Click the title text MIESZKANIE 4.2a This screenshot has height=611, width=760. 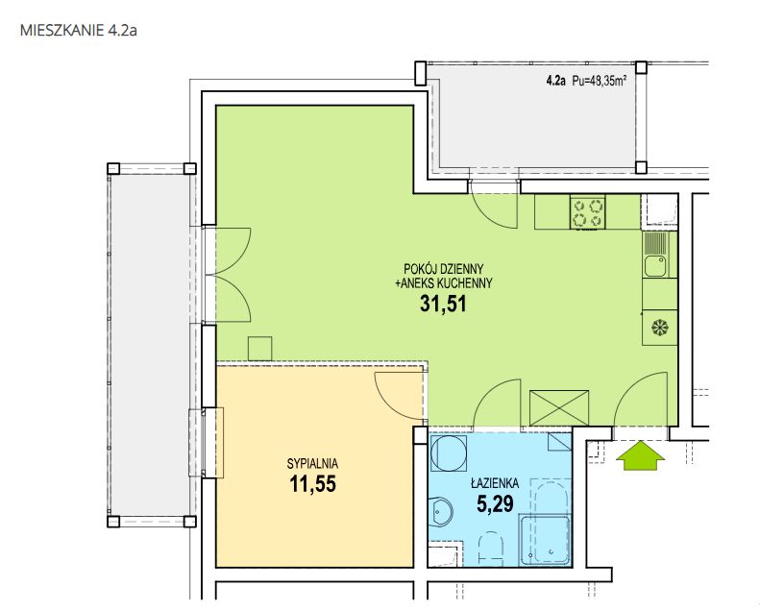pos(79,31)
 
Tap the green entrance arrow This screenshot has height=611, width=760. pos(640,455)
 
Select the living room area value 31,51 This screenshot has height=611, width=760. pos(443,304)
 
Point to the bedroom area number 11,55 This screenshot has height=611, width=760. pos(312,483)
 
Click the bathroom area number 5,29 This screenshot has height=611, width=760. pos(495,504)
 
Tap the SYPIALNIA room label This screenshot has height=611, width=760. pos(312,464)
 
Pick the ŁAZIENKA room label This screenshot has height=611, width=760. pos(495,482)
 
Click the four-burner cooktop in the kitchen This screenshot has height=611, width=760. pos(587,212)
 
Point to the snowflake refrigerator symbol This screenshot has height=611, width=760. pos(660,328)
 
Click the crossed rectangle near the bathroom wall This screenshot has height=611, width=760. pos(559,408)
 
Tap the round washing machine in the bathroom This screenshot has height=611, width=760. pos(449,453)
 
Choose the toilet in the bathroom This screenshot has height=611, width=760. pos(490,548)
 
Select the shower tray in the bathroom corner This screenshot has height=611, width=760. pos(545,541)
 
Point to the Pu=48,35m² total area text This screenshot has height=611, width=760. pos(600,81)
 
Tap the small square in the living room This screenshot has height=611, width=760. pos(259,349)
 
